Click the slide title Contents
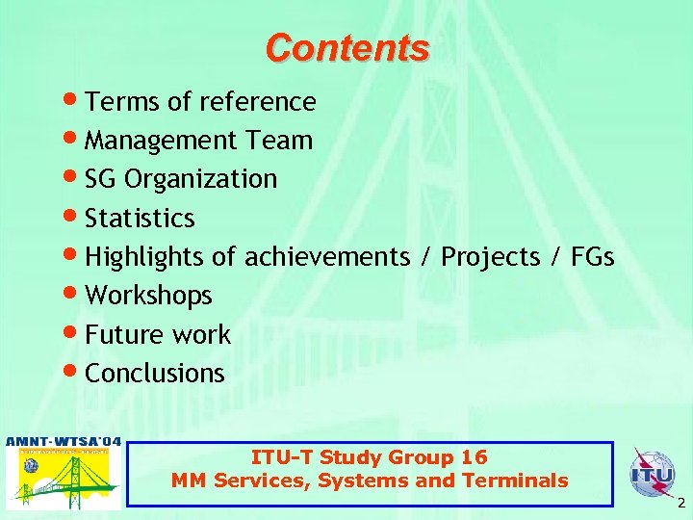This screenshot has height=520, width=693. click(347, 47)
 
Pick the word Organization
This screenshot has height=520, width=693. click(201, 180)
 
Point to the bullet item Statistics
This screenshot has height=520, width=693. click(140, 219)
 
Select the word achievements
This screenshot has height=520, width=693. click(327, 257)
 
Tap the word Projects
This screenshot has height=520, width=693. click(491, 258)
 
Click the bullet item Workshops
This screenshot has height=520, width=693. click(148, 297)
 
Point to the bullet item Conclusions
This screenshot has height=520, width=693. click(154, 374)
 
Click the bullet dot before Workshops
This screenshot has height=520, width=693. click(74, 295)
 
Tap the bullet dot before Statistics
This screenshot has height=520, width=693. click(74, 217)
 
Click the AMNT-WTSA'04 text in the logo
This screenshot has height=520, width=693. click(64, 442)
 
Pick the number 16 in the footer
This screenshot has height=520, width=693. click(474, 457)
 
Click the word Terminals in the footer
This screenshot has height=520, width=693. click(519, 481)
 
